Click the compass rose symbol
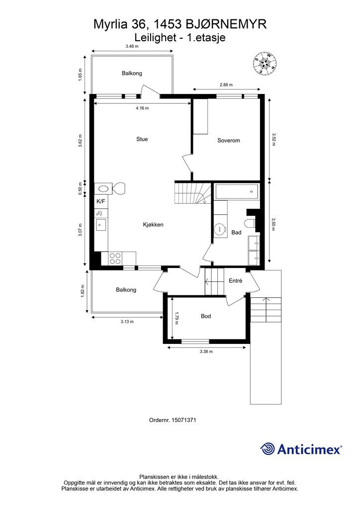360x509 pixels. click(x=265, y=63)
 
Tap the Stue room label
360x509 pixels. click(x=142, y=139)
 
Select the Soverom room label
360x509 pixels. click(x=229, y=141)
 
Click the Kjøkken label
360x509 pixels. click(x=153, y=225)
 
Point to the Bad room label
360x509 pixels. click(x=236, y=233)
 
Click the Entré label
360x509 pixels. click(x=235, y=281)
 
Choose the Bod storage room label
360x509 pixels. click(x=206, y=316)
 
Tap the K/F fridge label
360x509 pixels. click(x=100, y=202)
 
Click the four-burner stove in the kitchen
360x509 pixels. click(x=115, y=258)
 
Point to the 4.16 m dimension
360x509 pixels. click(x=142, y=108)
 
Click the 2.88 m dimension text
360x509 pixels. click(x=226, y=85)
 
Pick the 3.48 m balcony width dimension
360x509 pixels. click(x=132, y=46)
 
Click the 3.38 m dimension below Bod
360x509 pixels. click(x=206, y=351)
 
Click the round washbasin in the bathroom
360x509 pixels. click(x=221, y=229)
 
